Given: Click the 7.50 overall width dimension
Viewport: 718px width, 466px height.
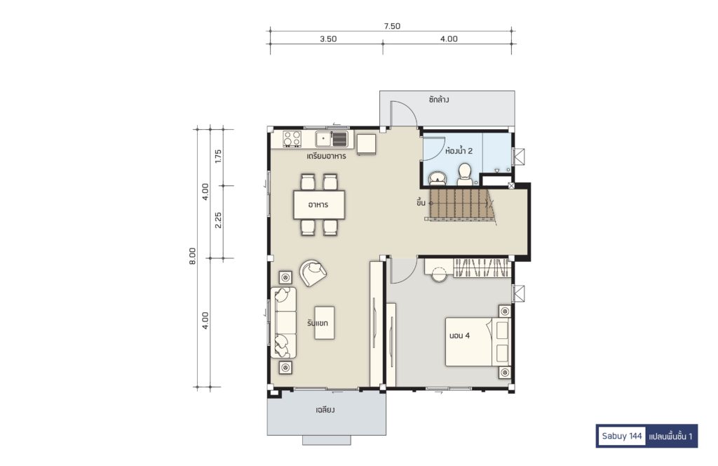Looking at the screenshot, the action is pos(392,26).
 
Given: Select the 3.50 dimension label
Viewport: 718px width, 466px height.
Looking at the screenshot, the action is pos(328,39).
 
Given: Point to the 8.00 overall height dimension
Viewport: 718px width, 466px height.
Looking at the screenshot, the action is pos(192,255).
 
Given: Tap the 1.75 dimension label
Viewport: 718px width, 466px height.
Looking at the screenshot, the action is pos(218,157).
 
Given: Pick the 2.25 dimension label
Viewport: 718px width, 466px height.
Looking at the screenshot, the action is pos(218,220).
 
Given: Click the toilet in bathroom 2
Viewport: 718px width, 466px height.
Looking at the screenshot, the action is pos(464,174).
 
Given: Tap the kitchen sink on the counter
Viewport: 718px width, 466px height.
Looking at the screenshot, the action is pos(332,138).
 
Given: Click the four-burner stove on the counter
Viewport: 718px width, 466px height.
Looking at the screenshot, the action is pos(292,139).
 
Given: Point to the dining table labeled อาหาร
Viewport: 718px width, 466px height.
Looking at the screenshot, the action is pos(319,204).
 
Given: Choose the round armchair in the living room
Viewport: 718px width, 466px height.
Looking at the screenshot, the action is pos(313,272).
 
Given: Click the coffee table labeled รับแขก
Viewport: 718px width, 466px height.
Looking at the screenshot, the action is pos(324,323).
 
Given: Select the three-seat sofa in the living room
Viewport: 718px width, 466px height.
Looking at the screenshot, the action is pos(283,322).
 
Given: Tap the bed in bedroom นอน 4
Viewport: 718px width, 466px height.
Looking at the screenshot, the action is pos(477,342).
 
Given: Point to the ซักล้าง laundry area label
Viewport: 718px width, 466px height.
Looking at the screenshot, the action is pos(439,100).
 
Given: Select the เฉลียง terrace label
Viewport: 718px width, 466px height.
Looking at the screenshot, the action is pos(325,410).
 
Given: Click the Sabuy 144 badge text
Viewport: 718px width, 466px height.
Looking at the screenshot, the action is pos(622,436).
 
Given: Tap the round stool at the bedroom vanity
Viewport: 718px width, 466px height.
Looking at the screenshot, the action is pos(439,274).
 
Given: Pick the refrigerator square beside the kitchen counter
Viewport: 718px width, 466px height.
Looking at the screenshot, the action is pos(366,144).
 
